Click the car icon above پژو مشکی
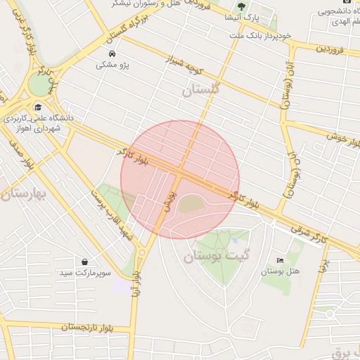(x=112, y=53)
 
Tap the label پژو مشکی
(x=112, y=65)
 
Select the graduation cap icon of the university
(x=37, y=107)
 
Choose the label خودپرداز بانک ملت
(x=254, y=35)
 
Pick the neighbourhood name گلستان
(x=201, y=89)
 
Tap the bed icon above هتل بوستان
(x=281, y=260)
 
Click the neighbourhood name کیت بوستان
(x=217, y=257)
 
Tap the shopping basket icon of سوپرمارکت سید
(x=85, y=262)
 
